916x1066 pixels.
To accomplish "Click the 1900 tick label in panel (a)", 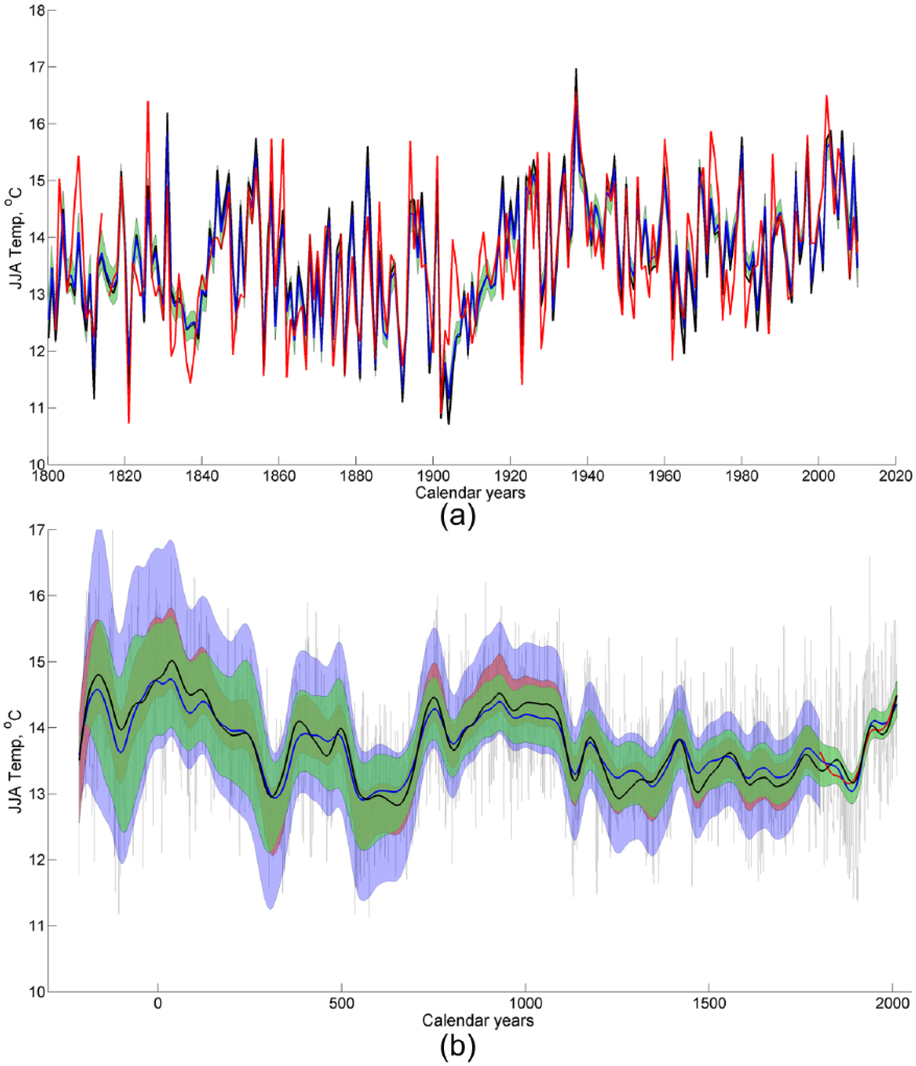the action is tap(432, 476).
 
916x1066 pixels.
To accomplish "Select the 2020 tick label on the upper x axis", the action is tap(895, 476).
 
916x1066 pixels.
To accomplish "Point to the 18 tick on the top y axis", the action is tap(38, 10).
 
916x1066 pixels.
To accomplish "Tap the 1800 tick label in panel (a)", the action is tap(48, 476).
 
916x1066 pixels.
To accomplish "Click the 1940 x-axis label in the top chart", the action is tap(587, 476).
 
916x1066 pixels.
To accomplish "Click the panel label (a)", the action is tap(457, 516).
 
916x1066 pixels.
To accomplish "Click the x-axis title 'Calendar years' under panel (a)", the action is tap(470, 493).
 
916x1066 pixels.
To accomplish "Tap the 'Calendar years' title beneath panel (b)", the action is tap(478, 1020).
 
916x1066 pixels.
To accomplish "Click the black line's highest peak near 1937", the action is tap(576, 69).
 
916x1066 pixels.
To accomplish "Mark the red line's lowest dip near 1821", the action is tap(129, 422).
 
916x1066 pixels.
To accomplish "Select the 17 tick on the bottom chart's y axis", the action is tap(38, 530).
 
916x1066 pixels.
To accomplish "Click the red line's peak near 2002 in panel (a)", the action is tap(826, 96).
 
